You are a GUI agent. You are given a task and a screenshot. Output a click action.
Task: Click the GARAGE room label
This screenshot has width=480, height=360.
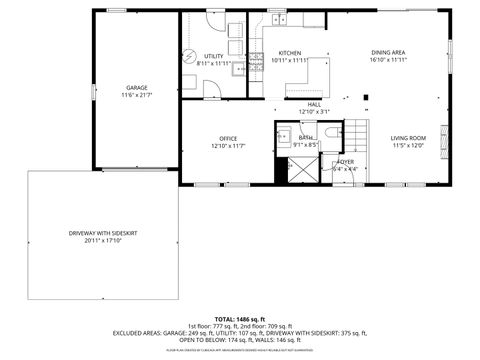(136, 87)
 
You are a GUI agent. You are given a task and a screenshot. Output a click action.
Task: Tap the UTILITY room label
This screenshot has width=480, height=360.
(214, 56)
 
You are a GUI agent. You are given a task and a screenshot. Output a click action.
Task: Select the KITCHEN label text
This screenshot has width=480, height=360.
(290, 53)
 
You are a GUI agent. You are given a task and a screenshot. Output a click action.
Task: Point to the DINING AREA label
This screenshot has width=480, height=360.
(388, 52)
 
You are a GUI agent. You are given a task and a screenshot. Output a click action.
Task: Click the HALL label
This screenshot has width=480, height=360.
(314, 104)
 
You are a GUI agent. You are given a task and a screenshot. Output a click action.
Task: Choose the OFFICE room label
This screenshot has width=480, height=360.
(228, 138)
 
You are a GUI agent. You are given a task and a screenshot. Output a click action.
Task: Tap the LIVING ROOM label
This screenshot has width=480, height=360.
(408, 138)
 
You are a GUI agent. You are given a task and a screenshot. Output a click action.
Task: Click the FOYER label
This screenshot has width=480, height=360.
(346, 161)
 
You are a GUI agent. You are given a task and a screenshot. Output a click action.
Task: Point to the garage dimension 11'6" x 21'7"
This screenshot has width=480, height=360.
(136, 95)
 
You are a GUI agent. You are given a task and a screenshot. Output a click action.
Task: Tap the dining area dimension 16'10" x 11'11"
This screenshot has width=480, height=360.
(388, 60)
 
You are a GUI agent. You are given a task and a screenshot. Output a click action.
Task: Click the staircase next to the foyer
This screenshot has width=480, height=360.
(358, 134)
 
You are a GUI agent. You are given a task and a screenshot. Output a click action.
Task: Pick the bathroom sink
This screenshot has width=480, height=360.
(284, 135)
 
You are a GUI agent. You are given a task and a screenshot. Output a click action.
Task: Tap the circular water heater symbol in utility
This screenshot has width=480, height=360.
(187, 55)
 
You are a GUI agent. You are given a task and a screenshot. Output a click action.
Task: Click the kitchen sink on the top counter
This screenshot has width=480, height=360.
(277, 19)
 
